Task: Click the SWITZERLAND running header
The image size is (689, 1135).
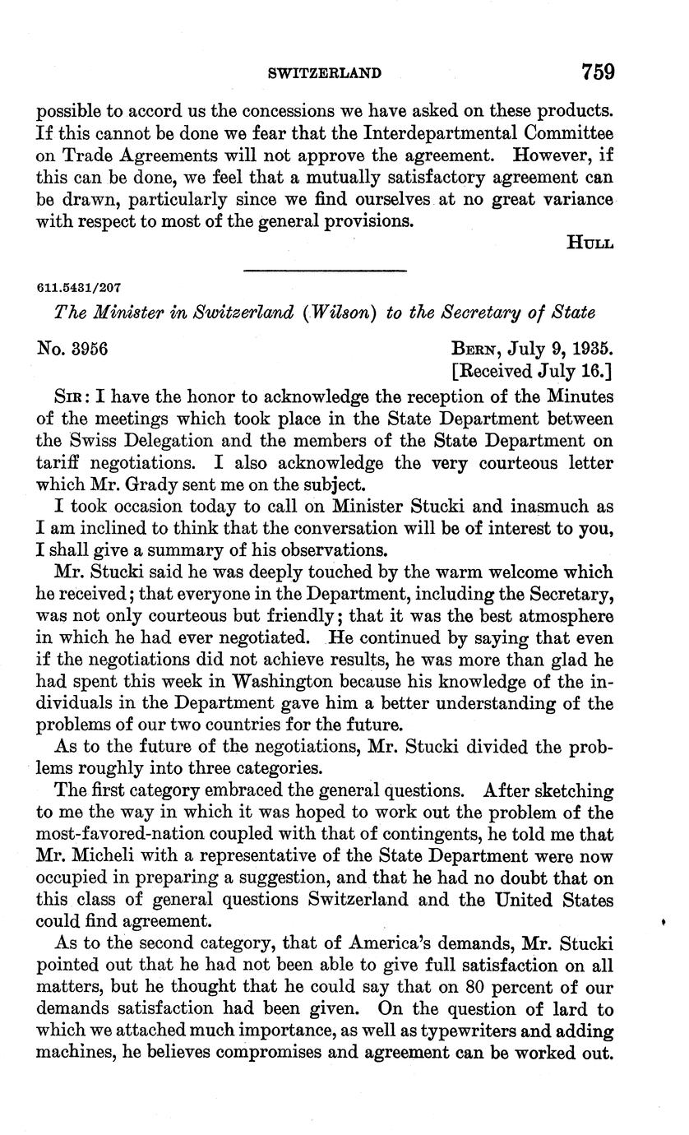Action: pos(325,73)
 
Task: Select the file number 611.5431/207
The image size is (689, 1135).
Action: pos(79,288)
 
